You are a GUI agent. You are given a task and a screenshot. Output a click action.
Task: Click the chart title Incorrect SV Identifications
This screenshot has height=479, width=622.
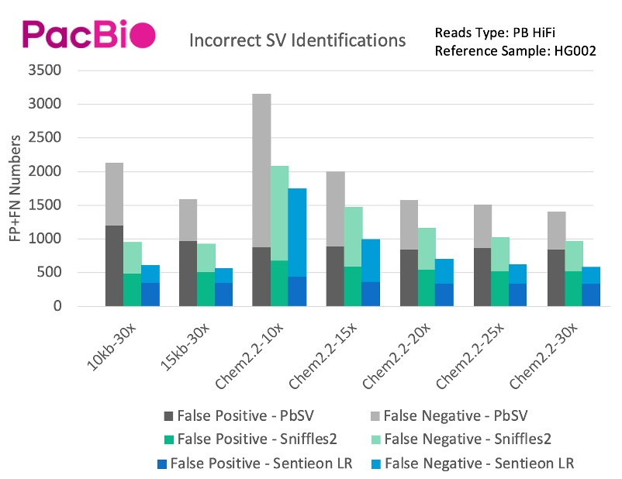(x=297, y=40)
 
